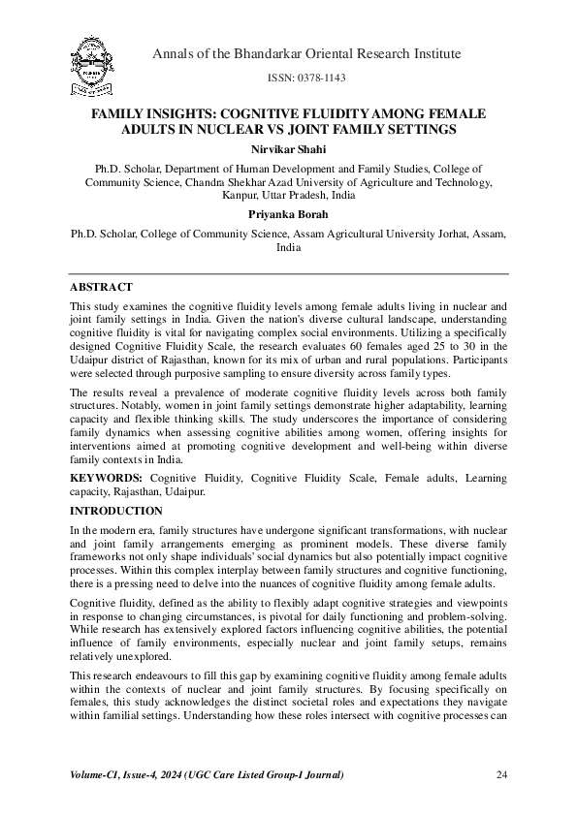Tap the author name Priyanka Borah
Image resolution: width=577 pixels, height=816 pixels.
(288, 216)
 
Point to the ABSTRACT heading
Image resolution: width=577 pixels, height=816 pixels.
(102, 288)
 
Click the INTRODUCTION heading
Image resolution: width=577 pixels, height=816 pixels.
(116, 511)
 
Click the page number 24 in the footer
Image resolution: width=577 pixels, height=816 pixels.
(501, 774)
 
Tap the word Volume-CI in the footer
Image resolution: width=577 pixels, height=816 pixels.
(97, 774)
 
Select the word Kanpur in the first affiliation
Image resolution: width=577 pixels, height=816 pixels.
(243, 195)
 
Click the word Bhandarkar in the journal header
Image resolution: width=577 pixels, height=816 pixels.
(273, 53)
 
